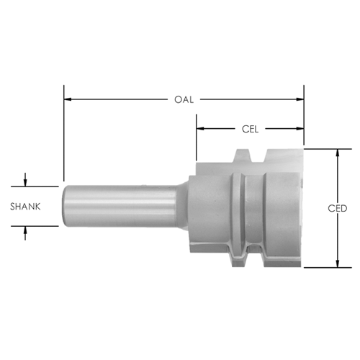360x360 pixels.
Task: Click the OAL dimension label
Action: pos(184,99)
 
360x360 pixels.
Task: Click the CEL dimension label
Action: pos(250,129)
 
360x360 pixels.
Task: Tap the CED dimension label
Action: pos(338,208)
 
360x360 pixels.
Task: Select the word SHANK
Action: pos(25,207)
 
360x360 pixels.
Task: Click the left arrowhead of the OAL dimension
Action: pos(68,99)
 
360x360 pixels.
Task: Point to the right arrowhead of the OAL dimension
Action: pos(300,99)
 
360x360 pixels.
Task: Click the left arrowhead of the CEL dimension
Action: pos(200,129)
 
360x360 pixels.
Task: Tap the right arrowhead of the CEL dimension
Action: pos(300,129)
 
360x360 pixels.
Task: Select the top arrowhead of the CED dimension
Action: pos(338,153)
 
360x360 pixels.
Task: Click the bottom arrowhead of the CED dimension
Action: pos(338,264)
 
